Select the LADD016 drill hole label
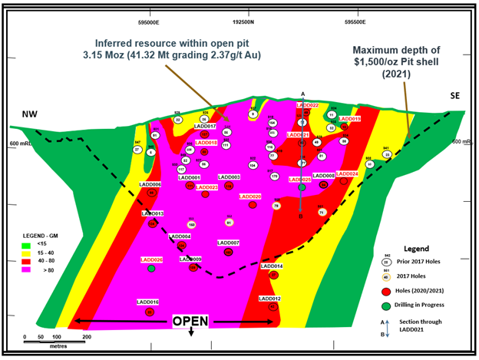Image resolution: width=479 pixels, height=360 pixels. (x=147, y=302)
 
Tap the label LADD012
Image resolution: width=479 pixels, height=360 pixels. (x=269, y=298)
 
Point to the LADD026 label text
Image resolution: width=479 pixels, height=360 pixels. (x=152, y=259)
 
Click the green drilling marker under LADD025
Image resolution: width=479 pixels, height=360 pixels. (x=302, y=187)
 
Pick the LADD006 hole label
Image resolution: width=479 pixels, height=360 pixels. (x=150, y=184)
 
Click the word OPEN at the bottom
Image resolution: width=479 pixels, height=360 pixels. (x=190, y=320)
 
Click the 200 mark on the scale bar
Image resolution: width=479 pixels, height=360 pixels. (x=87, y=337)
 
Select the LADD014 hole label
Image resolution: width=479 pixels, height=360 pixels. (x=272, y=266)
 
